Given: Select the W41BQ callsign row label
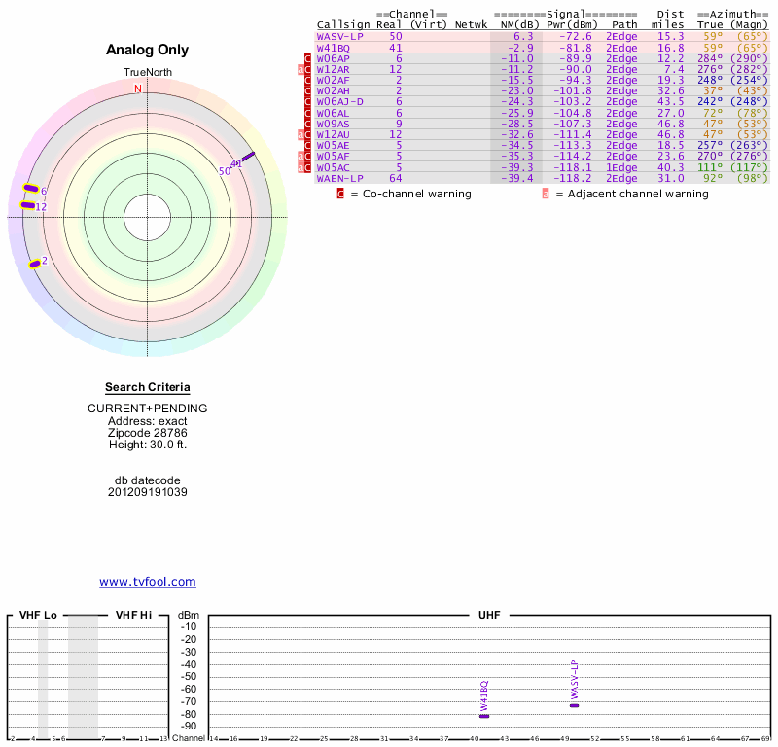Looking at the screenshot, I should coord(334,48).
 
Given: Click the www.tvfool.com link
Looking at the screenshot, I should coord(147,582).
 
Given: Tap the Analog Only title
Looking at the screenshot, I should coord(147,50).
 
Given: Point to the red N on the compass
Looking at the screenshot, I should coord(138,89).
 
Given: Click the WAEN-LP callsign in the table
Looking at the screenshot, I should coord(339,178).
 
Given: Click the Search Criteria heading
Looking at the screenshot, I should coord(147,387).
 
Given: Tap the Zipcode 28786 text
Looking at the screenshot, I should coord(147,432).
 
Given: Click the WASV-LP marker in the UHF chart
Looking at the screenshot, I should coord(574,705).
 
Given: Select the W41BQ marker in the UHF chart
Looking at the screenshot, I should coord(484,717).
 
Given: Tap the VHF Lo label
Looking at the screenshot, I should coord(37,616).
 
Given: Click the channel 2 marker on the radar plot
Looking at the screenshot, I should coord(35,263).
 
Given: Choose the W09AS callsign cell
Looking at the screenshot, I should coord(333,124).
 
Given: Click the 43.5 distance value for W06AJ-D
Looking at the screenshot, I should coord(670,100).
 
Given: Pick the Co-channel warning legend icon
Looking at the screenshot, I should coord(340,194).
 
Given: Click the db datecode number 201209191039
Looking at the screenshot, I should coord(147,492).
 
